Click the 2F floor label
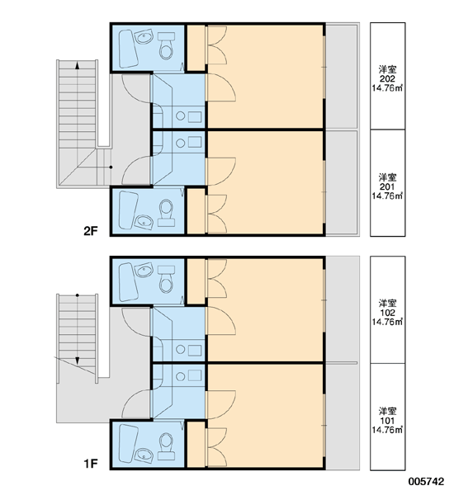(91, 231)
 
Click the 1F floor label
(91, 464)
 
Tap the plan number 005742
(426, 482)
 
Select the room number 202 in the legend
(387, 79)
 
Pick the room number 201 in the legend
(387, 187)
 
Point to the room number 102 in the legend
(387, 313)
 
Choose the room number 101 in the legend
(387, 421)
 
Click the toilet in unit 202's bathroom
(166, 45)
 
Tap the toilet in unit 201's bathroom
(166, 213)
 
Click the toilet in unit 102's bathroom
(166, 279)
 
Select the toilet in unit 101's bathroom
(166, 446)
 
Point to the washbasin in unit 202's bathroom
(144, 37)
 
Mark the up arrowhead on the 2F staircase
(77, 65)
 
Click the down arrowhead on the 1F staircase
(77, 361)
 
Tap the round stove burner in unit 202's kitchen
(181, 115)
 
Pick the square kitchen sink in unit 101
(195, 375)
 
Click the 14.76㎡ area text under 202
(387, 88)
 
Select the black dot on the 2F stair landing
(111, 167)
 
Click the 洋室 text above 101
(387, 412)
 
